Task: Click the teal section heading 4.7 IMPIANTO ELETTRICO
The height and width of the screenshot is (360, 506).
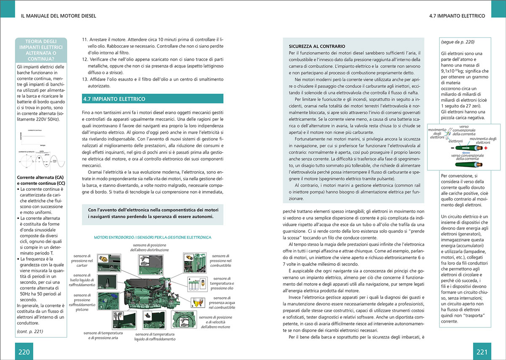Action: click(114, 99)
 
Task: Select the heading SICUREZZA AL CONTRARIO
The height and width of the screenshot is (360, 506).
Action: click(317, 46)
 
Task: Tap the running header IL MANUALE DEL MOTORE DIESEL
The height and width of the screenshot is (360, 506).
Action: click(59, 16)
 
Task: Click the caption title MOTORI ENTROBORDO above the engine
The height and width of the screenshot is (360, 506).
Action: click(152, 238)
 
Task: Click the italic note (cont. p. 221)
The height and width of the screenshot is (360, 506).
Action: click(30, 331)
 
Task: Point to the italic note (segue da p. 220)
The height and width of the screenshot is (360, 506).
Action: click(458, 42)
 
